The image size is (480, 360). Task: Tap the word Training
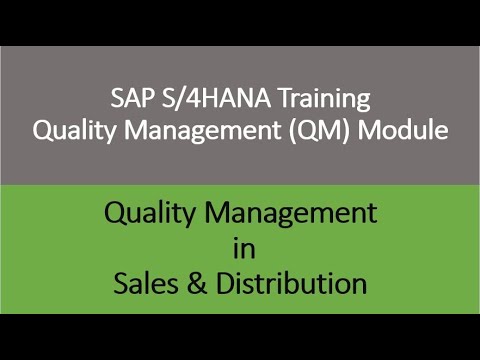(324, 99)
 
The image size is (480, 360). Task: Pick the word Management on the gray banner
(202, 131)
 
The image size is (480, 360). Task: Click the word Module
(403, 130)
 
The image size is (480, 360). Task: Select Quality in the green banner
(149, 214)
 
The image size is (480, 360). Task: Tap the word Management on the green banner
(291, 214)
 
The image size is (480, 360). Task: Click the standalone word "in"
(244, 248)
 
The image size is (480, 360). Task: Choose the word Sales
(146, 283)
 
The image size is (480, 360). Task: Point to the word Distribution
(292, 283)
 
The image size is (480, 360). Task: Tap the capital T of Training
(285, 98)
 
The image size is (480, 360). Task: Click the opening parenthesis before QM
(292, 131)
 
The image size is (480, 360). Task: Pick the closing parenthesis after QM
(347, 131)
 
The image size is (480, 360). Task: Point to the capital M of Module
(369, 130)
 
